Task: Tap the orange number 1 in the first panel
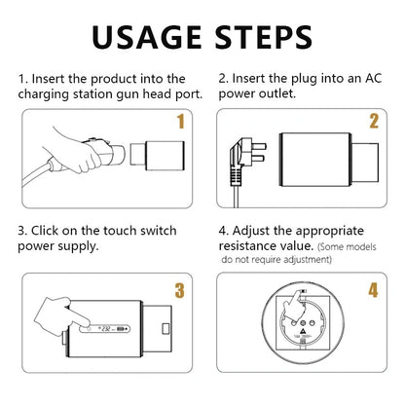point(179,122)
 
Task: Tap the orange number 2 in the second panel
point(374,122)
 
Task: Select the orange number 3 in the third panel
point(179,290)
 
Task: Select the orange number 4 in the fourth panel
point(374,290)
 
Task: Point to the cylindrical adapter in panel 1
point(155,153)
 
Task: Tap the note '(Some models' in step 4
point(340,248)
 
